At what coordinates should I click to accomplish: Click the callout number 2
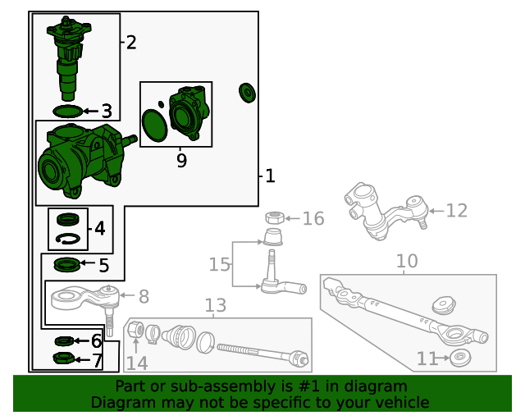click(130, 43)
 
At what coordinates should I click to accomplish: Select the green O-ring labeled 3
click(67, 110)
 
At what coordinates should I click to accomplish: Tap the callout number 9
click(181, 161)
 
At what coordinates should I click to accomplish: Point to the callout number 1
click(270, 176)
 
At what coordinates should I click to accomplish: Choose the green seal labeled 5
click(66, 264)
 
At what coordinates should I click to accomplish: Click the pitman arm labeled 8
click(83, 297)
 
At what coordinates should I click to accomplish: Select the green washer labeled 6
click(64, 340)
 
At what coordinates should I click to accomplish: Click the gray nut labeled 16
click(275, 218)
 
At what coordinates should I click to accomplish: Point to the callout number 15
click(219, 264)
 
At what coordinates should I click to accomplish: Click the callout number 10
click(407, 261)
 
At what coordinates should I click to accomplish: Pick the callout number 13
click(215, 306)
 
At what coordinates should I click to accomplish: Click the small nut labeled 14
click(138, 331)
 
